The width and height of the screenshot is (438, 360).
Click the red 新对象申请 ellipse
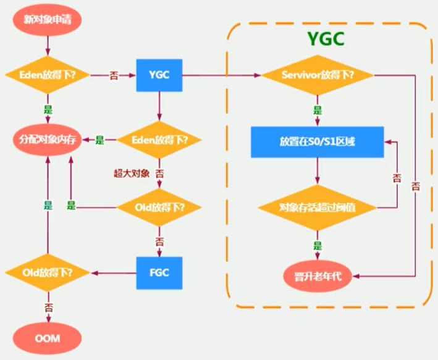pyautogui.click(x=48, y=19)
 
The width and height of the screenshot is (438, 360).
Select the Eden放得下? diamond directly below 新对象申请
pyautogui.click(x=48, y=75)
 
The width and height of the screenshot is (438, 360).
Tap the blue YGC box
pyautogui.click(x=159, y=75)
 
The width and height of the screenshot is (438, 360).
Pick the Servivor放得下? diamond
pyautogui.click(x=318, y=75)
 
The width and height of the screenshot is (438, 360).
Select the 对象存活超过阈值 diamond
pyautogui.click(x=318, y=206)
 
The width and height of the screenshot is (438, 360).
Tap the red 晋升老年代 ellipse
pyautogui.click(x=318, y=275)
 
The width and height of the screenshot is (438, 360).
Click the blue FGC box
pyautogui.click(x=159, y=272)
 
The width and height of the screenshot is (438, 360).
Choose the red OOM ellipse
pyautogui.click(x=48, y=338)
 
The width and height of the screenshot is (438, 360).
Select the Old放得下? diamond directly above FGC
pyautogui.click(x=159, y=206)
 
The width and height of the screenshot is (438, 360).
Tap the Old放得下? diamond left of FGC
pyautogui.click(x=48, y=272)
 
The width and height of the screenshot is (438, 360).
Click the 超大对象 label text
pyautogui.click(x=132, y=173)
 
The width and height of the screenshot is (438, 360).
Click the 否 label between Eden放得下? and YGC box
pyautogui.click(x=113, y=75)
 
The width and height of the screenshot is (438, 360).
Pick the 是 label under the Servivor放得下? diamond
pyautogui.click(x=318, y=111)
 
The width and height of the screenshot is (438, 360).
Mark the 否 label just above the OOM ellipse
pyautogui.click(x=48, y=306)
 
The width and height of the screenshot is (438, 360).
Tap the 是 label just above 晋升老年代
pyautogui.click(x=318, y=245)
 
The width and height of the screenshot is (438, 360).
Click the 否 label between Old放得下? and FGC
pyautogui.click(x=159, y=240)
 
